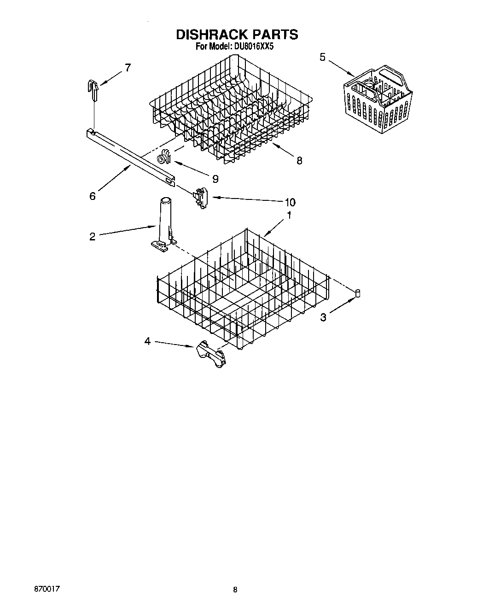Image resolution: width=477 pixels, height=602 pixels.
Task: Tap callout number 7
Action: click(127, 68)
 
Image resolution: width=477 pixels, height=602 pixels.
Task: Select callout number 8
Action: click(299, 160)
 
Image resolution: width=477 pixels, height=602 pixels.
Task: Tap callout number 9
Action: click(215, 178)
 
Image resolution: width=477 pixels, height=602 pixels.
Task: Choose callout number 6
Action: click(93, 196)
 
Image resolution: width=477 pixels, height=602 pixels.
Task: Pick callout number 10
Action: click(290, 202)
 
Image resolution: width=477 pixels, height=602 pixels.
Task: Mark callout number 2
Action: click(93, 237)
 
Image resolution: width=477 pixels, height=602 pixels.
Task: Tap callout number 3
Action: click(324, 317)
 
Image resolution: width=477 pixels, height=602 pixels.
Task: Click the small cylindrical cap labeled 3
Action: click(357, 293)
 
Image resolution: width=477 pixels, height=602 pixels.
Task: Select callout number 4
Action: click(147, 341)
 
